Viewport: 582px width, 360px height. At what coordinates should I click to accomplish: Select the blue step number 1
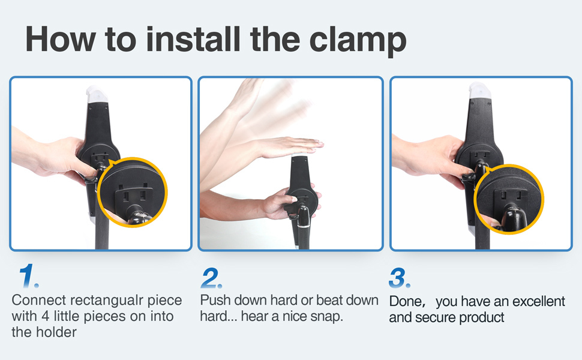(28, 276)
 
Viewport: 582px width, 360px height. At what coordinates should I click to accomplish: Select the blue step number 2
(212, 278)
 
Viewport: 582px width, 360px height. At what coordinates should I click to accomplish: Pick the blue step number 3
(400, 278)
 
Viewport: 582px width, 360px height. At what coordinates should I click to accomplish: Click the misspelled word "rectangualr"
(107, 300)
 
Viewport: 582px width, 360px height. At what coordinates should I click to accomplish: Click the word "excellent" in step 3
(539, 301)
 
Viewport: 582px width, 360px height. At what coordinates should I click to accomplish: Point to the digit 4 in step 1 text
(46, 317)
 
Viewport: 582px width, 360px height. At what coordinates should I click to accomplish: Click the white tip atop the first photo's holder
(97, 94)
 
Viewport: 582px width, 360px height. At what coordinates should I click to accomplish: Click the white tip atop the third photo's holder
(479, 91)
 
